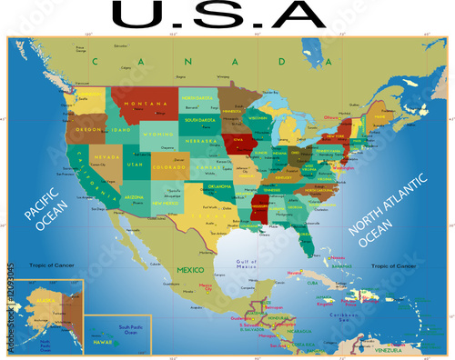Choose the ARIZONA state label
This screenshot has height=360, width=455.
pos(133,197)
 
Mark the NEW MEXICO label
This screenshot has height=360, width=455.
pos(165,204)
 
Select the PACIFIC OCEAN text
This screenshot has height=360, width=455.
pos(41,221)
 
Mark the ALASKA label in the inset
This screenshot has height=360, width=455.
pos(43,299)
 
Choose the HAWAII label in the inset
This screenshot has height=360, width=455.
pos(103,342)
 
